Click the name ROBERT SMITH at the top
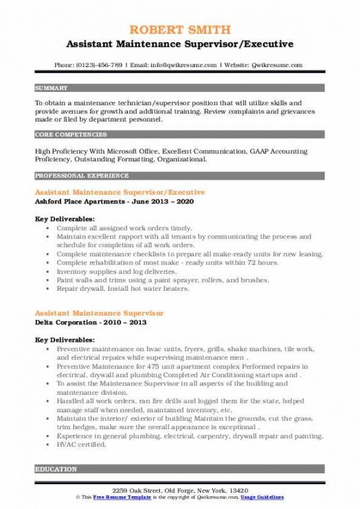[x=179, y=30]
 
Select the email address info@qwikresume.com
[x=187, y=65]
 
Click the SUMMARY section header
[x=52, y=88]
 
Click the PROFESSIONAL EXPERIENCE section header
[x=81, y=175]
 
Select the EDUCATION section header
[x=56, y=469]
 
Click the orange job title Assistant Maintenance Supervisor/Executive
[x=120, y=192]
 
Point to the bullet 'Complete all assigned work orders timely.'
[x=115, y=228]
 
